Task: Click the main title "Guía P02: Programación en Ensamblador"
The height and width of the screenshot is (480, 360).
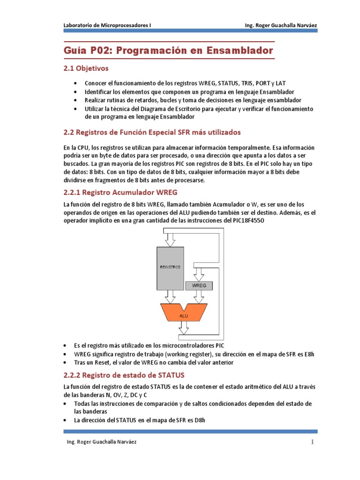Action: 168,50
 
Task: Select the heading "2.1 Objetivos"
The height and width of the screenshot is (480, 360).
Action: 86,68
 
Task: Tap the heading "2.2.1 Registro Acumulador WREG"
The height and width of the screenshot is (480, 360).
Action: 120,192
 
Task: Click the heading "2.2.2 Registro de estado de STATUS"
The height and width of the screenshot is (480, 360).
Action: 124,375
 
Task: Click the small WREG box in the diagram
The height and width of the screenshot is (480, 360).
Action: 199,285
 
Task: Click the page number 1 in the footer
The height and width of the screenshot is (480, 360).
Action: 312,442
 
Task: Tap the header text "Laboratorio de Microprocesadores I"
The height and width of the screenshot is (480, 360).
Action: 107,25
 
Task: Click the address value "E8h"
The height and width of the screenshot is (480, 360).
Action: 308,354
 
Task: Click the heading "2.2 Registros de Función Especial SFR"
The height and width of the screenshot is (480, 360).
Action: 152,132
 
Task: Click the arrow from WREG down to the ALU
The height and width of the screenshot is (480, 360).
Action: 199,297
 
